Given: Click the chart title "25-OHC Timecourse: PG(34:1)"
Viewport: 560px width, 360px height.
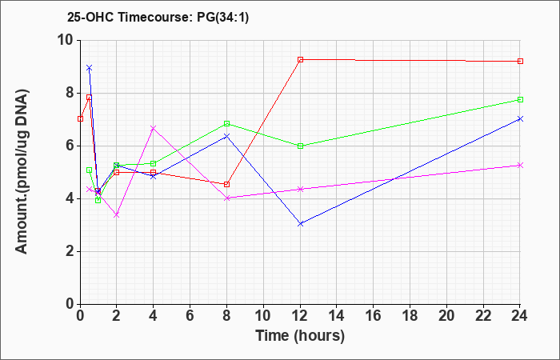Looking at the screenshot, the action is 158,18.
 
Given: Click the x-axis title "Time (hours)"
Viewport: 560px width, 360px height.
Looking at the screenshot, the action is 300,336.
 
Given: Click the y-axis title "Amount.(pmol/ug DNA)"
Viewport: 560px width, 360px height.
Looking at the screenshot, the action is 22,172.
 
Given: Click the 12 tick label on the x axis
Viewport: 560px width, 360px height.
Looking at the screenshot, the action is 300,316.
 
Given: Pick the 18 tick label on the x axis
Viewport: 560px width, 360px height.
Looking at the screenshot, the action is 410,316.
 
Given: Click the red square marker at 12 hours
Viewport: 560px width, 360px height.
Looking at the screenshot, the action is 300,60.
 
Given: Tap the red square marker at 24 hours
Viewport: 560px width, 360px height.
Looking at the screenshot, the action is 520,61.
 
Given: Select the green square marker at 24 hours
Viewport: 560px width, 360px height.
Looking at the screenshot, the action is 520,100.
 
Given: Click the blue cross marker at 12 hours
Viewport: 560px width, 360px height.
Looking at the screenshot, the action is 300,224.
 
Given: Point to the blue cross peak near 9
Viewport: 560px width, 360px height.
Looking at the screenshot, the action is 90,67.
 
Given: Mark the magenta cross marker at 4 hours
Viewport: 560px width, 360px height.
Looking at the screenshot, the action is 154,128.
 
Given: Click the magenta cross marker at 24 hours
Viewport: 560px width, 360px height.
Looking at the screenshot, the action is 520,165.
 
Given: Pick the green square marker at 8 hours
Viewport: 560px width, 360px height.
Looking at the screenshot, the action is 226,123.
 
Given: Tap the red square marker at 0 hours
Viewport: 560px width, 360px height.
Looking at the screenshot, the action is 80,118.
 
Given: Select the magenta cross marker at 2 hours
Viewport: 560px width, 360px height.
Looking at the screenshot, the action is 117,215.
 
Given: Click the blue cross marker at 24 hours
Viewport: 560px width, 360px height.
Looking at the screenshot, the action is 520,118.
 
